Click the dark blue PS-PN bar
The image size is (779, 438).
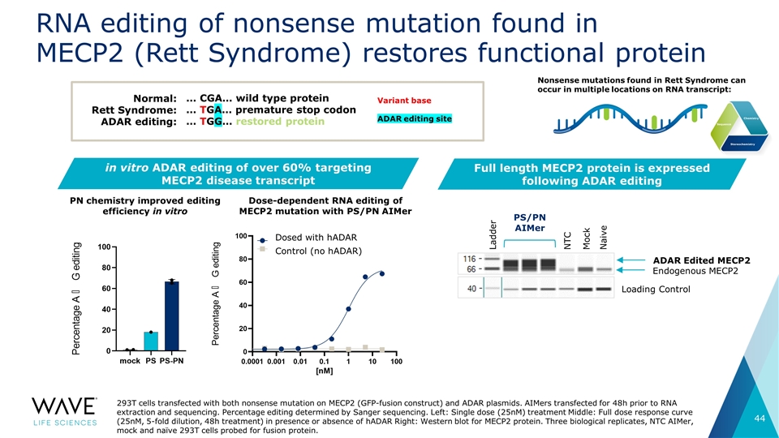171,316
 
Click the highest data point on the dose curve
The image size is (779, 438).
381,274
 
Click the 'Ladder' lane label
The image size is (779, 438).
490,232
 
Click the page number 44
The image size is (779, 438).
755,418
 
